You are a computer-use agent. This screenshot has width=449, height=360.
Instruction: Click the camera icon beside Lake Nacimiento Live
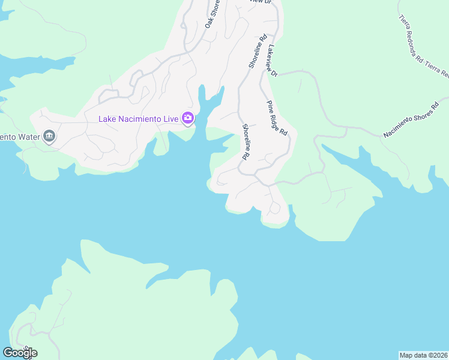pyautogui.click(x=188, y=119)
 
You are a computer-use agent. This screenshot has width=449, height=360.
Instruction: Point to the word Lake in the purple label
pyautogui.click(x=107, y=119)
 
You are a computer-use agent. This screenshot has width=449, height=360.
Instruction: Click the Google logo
pyautogui.click(x=20, y=352)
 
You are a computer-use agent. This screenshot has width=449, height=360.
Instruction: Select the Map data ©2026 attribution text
pyautogui.click(x=424, y=355)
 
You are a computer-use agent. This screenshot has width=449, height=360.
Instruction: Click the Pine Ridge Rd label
pyautogui.click(x=277, y=118)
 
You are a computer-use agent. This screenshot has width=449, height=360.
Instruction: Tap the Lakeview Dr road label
pyautogui.click(x=273, y=61)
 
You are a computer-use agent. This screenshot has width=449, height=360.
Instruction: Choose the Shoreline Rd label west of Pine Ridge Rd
pyautogui.click(x=245, y=142)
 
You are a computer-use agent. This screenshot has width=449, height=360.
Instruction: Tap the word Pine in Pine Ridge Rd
pyautogui.click(x=271, y=106)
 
